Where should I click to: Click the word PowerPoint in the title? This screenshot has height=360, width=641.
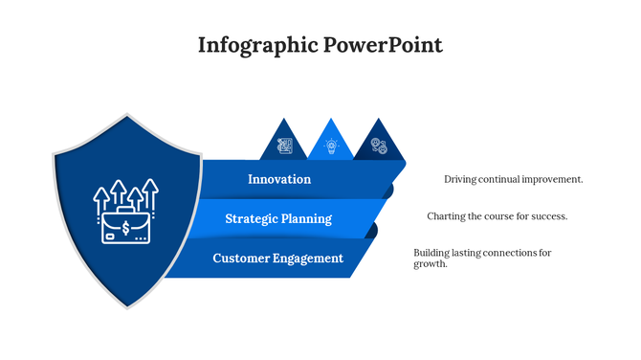(383, 45)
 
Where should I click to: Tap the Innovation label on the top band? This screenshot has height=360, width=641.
(279, 179)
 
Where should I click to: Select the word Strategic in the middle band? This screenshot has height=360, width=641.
(253, 218)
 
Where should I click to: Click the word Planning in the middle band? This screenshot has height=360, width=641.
(308, 218)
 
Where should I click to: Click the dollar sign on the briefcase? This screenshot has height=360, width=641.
(127, 228)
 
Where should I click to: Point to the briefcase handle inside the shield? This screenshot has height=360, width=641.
(126, 207)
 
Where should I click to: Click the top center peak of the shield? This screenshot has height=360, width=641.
(127, 116)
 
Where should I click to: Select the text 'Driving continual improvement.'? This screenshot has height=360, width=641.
(513, 179)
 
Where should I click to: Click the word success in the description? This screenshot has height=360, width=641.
(548, 216)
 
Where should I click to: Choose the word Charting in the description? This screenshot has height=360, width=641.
(448, 216)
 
